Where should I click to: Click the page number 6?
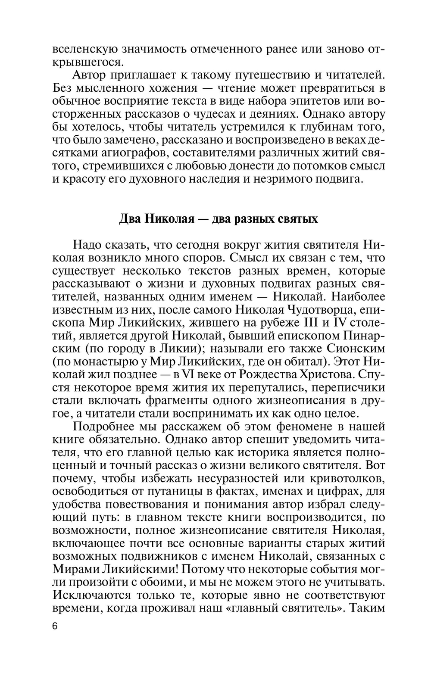coord(55,626)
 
